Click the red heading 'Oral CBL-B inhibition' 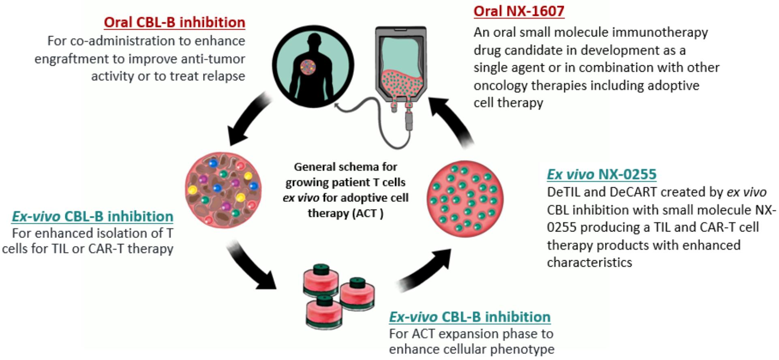(174, 22)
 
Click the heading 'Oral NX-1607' (519, 11)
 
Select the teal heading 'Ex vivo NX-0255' (601, 174)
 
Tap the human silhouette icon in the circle (313, 67)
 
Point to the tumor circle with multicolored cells (223, 190)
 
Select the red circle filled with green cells (465, 199)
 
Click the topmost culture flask (321, 279)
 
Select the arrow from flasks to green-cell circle (426, 270)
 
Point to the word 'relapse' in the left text (224, 76)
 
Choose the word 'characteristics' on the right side (589, 263)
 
